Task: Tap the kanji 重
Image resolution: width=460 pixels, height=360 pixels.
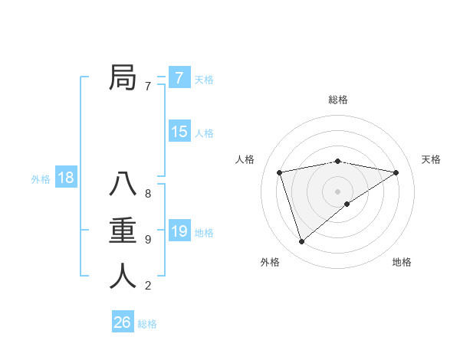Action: tap(123, 231)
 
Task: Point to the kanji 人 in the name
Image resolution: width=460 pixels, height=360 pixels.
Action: tap(123, 275)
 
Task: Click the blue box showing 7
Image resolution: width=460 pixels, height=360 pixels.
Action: tap(179, 77)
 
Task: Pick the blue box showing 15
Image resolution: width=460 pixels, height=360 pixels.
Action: tap(179, 132)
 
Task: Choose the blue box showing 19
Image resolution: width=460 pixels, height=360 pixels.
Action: tap(179, 231)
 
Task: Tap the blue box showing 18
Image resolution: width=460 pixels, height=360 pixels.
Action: tap(66, 178)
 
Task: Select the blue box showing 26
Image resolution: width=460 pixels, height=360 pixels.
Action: tap(123, 322)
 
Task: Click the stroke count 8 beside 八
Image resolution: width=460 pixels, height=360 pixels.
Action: tap(148, 193)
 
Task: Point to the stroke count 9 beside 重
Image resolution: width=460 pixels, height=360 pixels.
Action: tap(148, 240)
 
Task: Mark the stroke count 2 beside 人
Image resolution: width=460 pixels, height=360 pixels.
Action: tap(148, 286)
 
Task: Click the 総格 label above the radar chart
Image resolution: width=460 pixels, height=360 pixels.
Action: tap(337, 100)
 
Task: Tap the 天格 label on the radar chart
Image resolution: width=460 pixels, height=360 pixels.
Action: tap(431, 159)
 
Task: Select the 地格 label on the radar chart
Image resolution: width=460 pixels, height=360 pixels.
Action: tap(402, 262)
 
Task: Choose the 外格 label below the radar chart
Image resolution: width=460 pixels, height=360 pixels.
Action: tap(270, 262)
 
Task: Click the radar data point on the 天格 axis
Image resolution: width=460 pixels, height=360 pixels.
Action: tap(396, 172)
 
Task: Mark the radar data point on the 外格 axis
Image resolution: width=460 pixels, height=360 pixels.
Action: tap(301, 241)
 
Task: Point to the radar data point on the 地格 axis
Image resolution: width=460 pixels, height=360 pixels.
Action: tap(347, 204)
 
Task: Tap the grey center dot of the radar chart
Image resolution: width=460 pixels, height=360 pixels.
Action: tap(337, 191)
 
